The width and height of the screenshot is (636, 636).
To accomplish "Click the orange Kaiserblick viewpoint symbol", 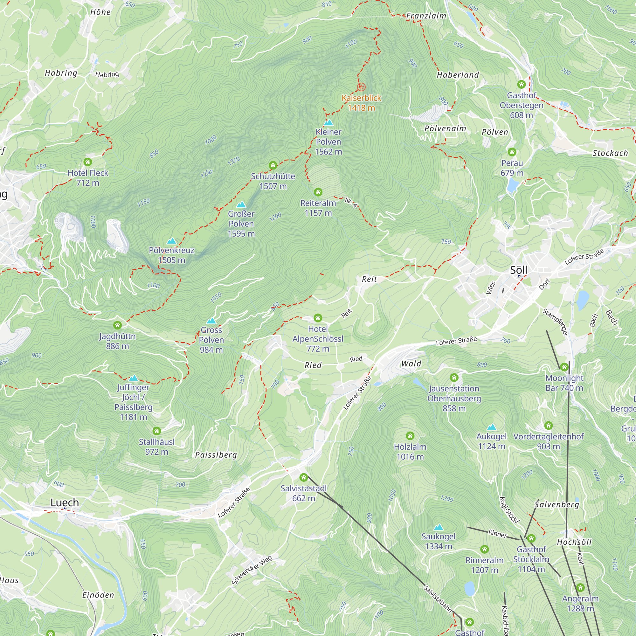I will pyautogui.click(x=361, y=87).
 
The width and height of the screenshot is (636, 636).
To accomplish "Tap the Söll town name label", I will pyautogui.click(x=518, y=270).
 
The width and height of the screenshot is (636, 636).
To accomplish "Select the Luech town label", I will pyautogui.click(x=65, y=502).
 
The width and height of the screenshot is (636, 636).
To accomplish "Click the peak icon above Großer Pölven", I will pyautogui.click(x=241, y=205).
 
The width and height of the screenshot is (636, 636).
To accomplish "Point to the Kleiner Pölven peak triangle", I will pyautogui.click(x=328, y=123).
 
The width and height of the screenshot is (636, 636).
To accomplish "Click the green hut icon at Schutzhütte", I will pyautogui.click(x=273, y=165).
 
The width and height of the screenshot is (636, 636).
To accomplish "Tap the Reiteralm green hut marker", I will pyautogui.click(x=318, y=192).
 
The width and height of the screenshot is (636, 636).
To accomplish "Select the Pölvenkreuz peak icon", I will pyautogui.click(x=171, y=241).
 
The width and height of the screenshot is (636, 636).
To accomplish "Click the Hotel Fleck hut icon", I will pyautogui.click(x=87, y=162).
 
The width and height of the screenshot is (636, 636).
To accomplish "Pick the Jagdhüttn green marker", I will pyautogui.click(x=118, y=325).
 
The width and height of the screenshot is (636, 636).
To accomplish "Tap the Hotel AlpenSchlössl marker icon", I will pyautogui.click(x=318, y=318).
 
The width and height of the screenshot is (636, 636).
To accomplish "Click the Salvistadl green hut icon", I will pyautogui.click(x=303, y=477).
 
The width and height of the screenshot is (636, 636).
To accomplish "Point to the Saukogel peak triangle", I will pyautogui.click(x=439, y=527).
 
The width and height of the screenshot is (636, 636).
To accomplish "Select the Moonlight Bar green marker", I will pyautogui.click(x=564, y=367).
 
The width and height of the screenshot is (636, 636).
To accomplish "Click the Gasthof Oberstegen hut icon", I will pyautogui.click(x=521, y=84).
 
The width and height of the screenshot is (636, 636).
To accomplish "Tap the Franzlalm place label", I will pyautogui.click(x=426, y=16).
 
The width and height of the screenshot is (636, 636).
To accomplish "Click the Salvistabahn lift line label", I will pyautogui.click(x=438, y=599).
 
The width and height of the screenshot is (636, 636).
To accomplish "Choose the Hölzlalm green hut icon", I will pyautogui.click(x=410, y=436).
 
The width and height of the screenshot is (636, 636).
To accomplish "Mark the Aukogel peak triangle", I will pyautogui.click(x=492, y=427).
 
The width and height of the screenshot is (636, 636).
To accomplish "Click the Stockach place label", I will pyautogui.click(x=610, y=153).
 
